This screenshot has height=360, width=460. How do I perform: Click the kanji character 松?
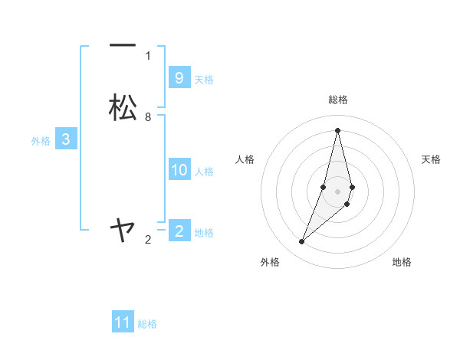coord(123,107)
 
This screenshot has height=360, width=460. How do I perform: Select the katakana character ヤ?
coord(123,229)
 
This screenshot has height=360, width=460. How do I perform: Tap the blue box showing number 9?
coord(179,78)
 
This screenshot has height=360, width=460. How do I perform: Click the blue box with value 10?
coord(179,170)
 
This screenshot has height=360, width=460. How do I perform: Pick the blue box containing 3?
coord(66,139)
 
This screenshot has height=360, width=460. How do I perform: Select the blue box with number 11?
coord(123,322)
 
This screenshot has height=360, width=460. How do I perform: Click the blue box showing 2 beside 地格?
coord(179,231)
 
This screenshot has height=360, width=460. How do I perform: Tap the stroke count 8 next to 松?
coord(148,116)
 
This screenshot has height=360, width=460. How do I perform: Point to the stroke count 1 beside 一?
coord(148,55)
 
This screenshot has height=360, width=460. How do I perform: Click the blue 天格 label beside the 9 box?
coord(204,80)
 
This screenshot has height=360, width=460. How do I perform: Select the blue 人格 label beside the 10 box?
coord(205,172)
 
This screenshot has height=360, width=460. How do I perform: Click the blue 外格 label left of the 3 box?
coord(41,141)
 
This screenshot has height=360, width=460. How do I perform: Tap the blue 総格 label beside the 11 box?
coord(147,324)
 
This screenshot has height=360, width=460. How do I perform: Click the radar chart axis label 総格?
coord(338,100)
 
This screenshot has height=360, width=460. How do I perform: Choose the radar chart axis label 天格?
coord(431,159)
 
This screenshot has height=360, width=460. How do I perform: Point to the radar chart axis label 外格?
coord(270,262)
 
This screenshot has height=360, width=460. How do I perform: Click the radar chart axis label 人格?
coord(245,159)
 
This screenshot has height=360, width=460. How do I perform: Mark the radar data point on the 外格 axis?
coord(301,242)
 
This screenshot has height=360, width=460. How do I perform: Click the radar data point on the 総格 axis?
coord(337,130)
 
